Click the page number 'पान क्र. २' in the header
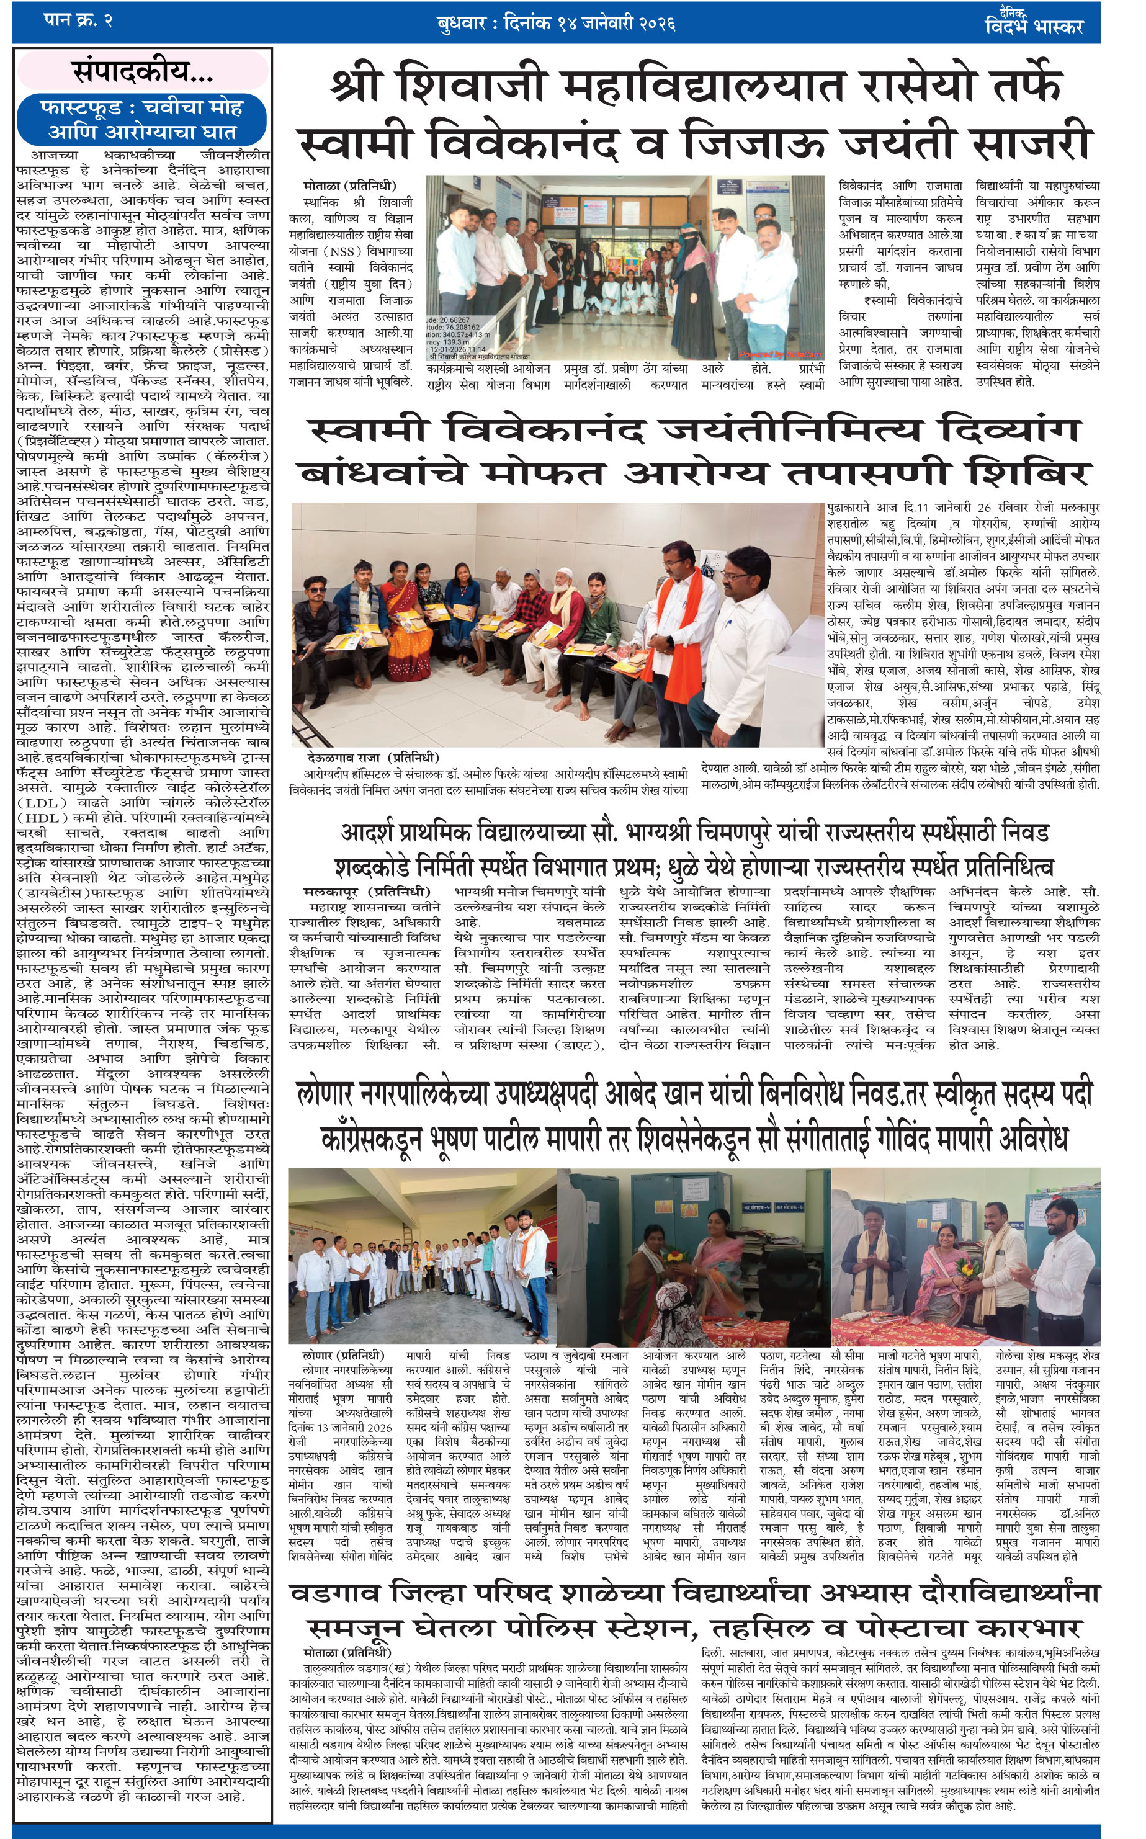[x=79, y=20]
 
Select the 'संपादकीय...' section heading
[x=143, y=72]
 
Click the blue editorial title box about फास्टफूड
[x=143, y=120]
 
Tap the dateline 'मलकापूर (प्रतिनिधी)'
[x=366, y=891]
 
